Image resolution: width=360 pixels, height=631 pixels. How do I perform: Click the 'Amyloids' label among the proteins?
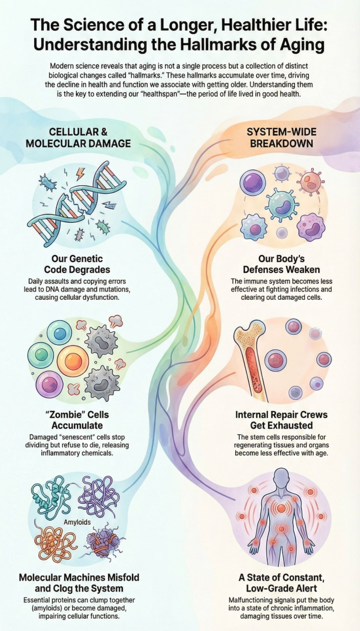click(x=77, y=522)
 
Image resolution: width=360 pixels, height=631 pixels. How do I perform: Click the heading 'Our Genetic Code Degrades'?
click(x=77, y=264)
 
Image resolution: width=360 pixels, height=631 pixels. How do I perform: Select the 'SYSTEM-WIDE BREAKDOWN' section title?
click(x=282, y=137)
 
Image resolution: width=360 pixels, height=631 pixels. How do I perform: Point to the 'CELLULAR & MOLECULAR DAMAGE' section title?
click(x=78, y=137)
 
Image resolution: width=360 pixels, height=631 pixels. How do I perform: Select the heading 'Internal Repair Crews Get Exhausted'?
click(x=282, y=420)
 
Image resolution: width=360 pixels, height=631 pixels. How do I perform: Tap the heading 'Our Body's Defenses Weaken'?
click(x=282, y=264)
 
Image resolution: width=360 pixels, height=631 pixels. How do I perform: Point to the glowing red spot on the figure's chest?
click(x=282, y=508)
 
